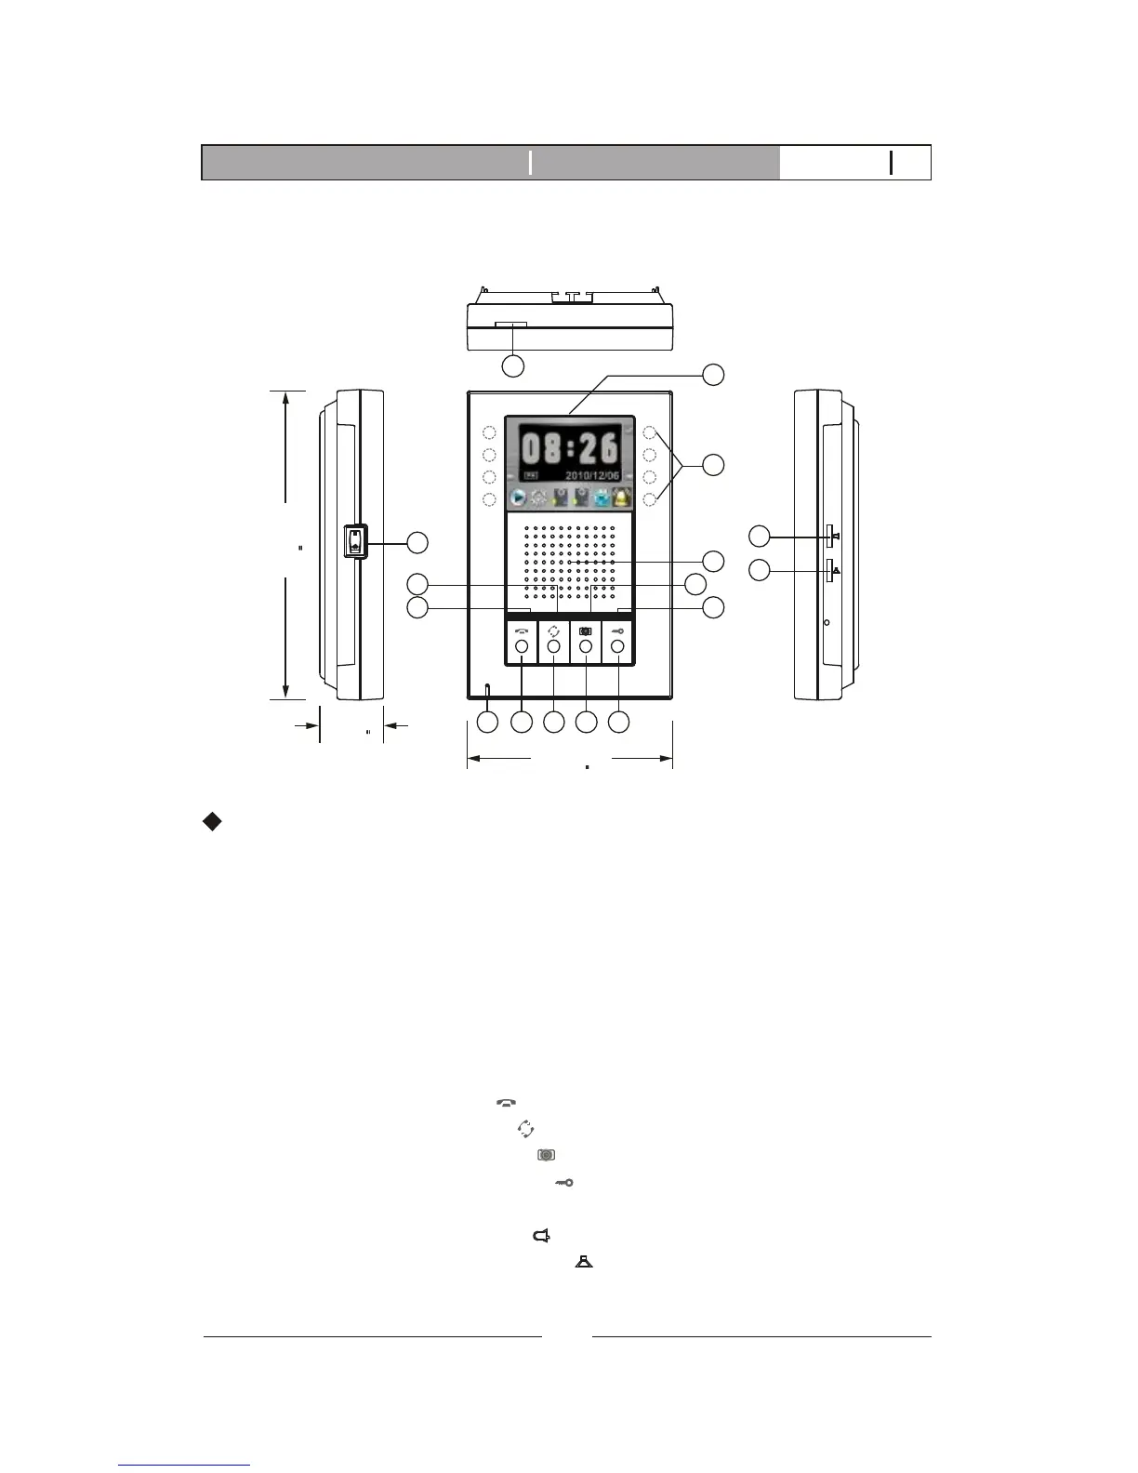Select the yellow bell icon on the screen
click(x=620, y=498)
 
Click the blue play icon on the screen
click(x=517, y=498)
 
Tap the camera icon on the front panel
click(x=586, y=631)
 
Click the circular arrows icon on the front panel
click(x=554, y=631)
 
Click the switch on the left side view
click(x=354, y=541)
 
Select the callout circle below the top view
click(x=512, y=365)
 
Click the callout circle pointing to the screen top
click(x=713, y=374)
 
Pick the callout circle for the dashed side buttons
click(x=713, y=466)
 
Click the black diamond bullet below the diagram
click(x=212, y=821)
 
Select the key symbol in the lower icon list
click(x=564, y=1182)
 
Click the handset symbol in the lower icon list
click(x=506, y=1103)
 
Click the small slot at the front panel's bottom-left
click(x=487, y=689)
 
